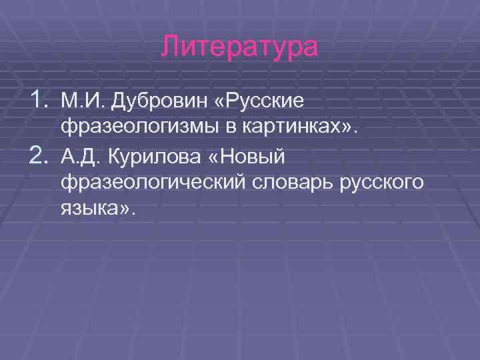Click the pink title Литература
click(240, 48)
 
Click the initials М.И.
click(76, 101)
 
